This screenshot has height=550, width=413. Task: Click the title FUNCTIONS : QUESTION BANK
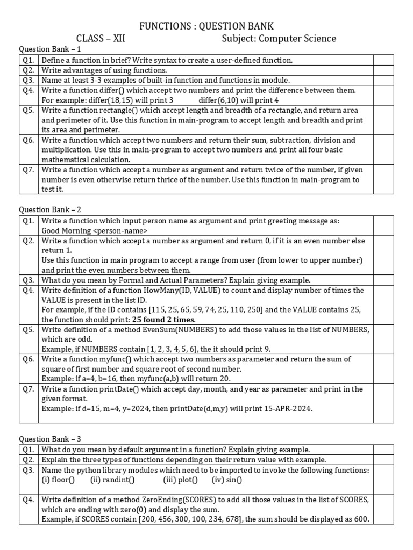pos(206,26)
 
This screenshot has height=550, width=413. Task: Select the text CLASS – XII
pos(101,39)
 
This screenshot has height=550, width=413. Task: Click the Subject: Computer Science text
pos(279,39)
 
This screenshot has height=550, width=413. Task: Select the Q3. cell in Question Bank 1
pos(29,80)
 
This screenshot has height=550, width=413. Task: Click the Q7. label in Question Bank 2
pos(29,389)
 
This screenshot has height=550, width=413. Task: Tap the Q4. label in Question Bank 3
pos(29,500)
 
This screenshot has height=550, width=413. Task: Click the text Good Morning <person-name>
pos(95,230)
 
